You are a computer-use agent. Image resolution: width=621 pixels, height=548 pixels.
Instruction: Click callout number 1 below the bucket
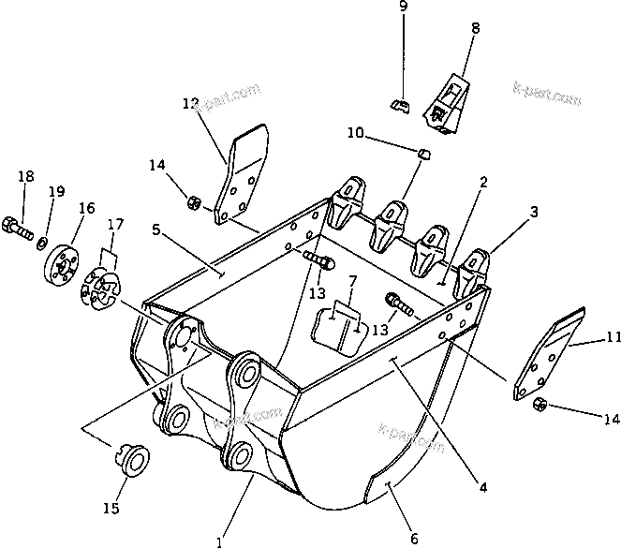click(218, 541)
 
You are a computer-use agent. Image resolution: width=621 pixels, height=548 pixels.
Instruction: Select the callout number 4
click(482, 487)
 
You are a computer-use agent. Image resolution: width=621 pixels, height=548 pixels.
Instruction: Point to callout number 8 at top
click(475, 29)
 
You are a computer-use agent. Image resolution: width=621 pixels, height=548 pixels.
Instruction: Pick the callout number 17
click(115, 224)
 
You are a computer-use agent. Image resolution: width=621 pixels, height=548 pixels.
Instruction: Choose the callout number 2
click(483, 183)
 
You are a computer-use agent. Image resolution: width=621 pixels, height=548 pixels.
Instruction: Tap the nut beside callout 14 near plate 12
click(195, 200)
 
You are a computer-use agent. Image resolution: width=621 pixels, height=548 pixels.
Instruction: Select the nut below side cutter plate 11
click(541, 405)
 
